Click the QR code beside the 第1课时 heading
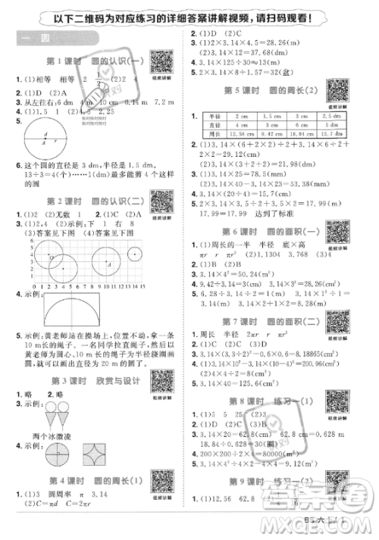point(160,60)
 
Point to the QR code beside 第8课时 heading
point(337,400)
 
